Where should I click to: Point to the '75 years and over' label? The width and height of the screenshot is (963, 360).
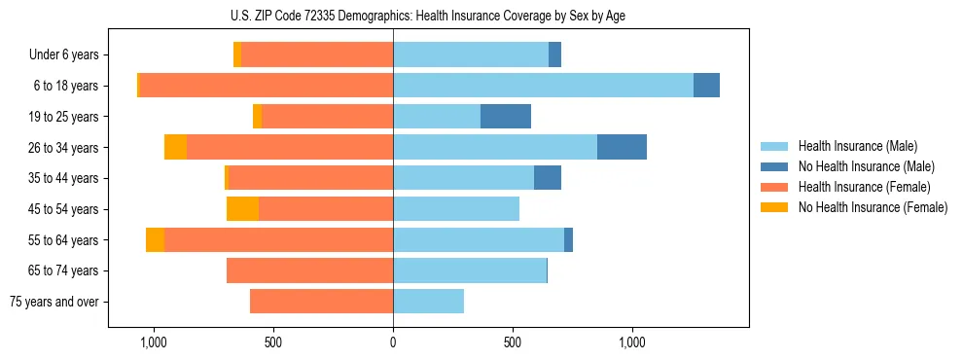(x=54, y=302)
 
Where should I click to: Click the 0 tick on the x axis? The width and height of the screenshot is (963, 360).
(x=393, y=342)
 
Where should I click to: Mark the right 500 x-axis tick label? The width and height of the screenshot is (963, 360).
(x=513, y=342)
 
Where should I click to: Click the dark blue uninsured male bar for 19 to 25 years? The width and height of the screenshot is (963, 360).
(x=506, y=117)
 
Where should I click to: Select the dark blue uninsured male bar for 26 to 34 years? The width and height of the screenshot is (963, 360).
(x=622, y=147)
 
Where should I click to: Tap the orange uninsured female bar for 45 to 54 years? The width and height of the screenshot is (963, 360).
(x=242, y=208)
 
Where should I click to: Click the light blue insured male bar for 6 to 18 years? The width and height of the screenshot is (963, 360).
(x=543, y=86)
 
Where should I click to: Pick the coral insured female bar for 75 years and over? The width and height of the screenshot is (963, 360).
(x=321, y=302)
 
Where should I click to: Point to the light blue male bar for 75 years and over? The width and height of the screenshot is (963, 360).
(x=428, y=302)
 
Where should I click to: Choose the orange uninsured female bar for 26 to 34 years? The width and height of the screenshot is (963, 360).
(x=175, y=147)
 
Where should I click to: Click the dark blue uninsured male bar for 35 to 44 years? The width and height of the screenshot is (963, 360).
(x=548, y=178)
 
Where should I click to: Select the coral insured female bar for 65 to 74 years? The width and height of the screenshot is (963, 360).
(x=309, y=270)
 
